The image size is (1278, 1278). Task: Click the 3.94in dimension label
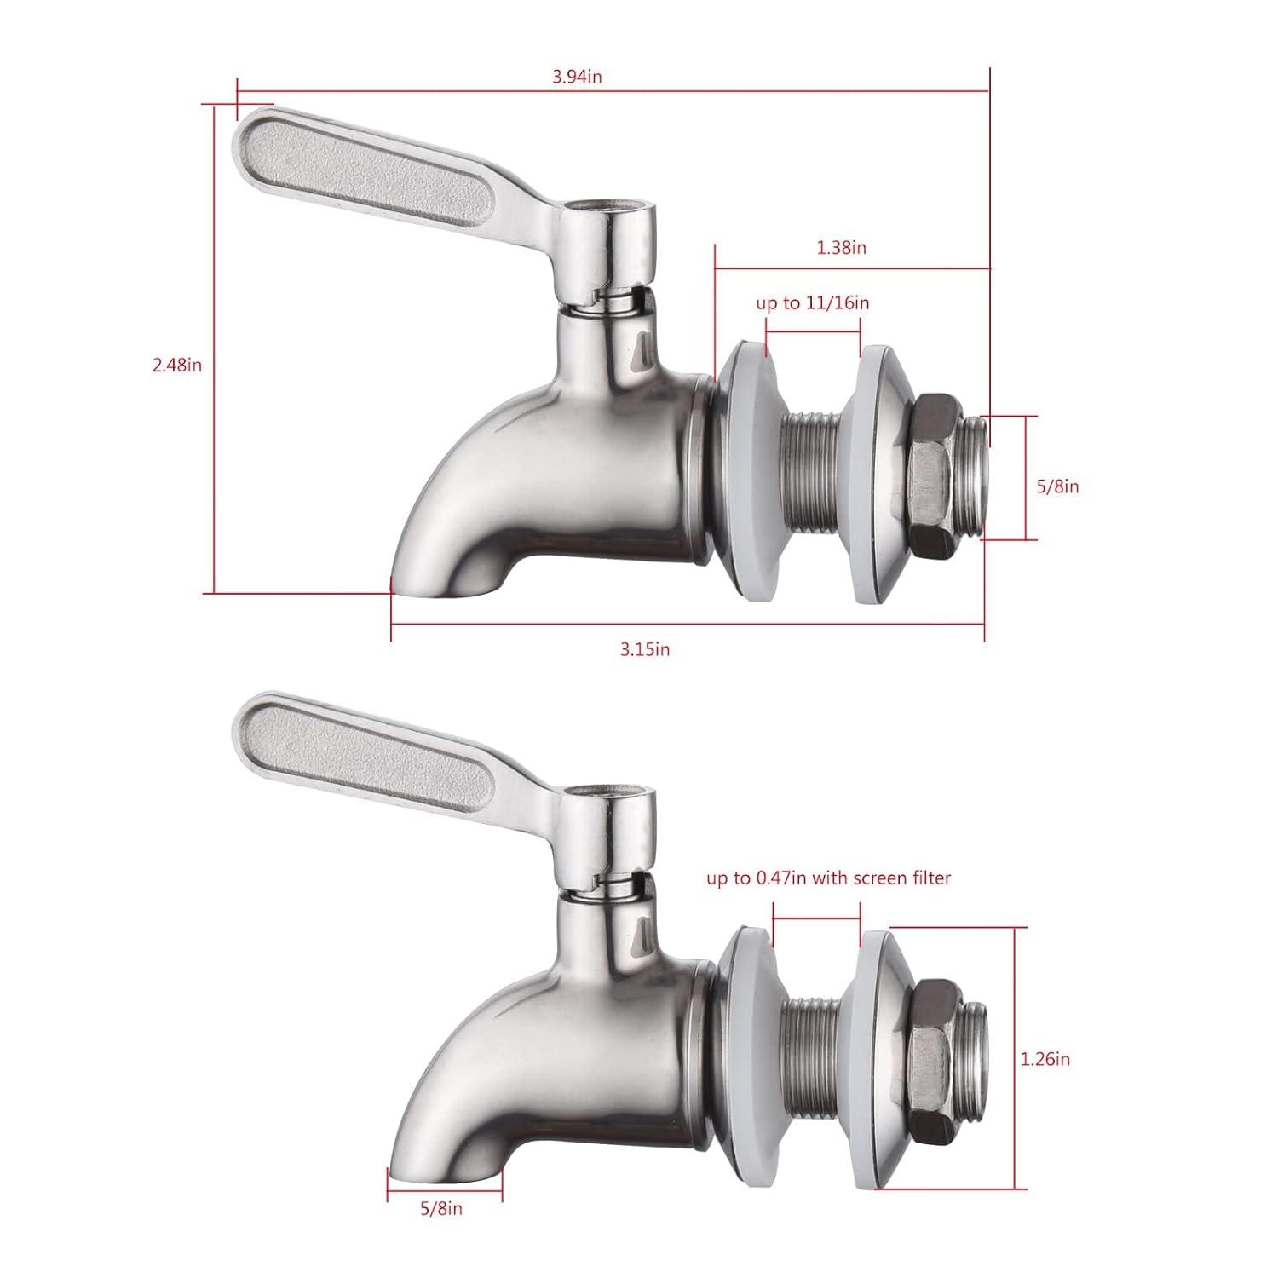(577, 77)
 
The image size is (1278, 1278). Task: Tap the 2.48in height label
(176, 365)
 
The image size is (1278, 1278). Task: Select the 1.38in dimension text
(841, 248)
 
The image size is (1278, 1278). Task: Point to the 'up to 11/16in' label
(813, 302)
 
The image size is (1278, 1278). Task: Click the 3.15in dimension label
(645, 649)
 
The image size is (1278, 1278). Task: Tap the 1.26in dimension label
(1045, 1060)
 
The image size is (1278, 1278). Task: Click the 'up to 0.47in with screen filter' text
(828, 878)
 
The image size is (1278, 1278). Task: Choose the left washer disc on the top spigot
(743, 470)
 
